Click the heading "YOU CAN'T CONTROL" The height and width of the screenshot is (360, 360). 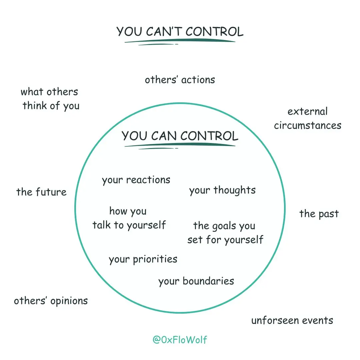[180, 31]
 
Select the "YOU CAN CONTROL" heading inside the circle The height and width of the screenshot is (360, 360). [180, 136]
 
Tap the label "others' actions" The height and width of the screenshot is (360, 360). [180, 80]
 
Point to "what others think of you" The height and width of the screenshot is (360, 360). [50, 99]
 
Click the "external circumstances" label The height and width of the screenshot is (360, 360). [308, 119]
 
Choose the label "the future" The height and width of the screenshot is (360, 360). [41, 192]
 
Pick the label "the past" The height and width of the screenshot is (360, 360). [319, 214]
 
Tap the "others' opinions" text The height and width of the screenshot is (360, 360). [51, 301]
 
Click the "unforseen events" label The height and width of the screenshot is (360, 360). [292, 321]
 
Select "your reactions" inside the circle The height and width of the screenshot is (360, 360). [136, 180]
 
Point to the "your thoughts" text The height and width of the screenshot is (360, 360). [222, 190]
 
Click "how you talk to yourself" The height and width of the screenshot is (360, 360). [129, 218]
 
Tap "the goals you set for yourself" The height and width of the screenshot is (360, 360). [225, 233]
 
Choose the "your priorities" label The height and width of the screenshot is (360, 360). [143, 259]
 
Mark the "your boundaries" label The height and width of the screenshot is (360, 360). [196, 281]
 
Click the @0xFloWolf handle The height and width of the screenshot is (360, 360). [180, 340]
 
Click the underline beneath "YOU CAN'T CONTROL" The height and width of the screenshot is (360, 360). [180, 41]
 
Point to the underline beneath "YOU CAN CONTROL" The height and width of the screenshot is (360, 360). [180, 145]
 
